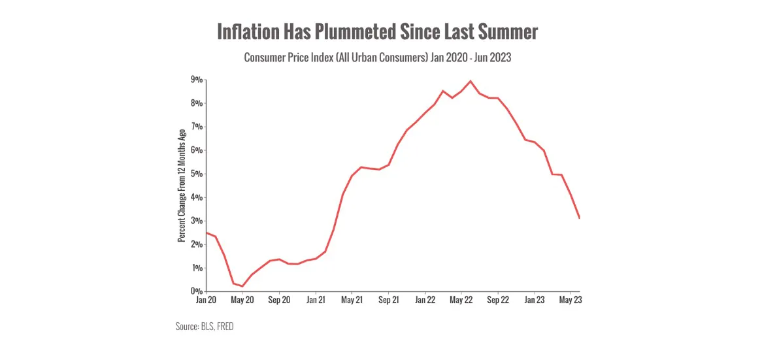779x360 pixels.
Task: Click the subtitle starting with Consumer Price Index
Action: coord(377,57)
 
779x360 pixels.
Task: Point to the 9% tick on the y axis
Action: coord(196,80)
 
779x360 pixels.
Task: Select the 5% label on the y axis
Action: coord(196,174)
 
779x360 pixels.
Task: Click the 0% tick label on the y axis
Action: coord(196,291)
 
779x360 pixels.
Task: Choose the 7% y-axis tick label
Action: coord(196,127)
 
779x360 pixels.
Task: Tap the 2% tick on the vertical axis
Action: coord(196,244)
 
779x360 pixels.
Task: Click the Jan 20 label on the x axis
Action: coord(206,301)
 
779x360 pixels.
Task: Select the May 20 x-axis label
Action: coord(242,301)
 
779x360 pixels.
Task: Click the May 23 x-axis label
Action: coord(571,301)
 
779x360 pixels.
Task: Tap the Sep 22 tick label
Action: coord(498,301)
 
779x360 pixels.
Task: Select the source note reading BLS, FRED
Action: coord(204,326)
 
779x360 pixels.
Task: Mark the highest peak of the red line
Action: coord(471,81)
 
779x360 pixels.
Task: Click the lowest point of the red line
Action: coord(242,286)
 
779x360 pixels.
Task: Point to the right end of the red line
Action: coord(580,218)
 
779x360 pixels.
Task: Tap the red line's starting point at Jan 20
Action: coord(207,233)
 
